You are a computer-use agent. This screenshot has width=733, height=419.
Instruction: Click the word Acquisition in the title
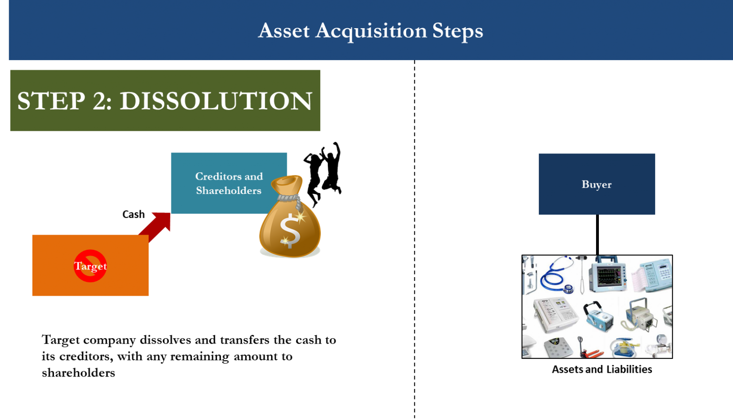pos(371,31)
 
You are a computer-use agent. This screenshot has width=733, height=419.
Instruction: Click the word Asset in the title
pos(284,31)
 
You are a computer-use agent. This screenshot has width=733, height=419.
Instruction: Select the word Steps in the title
pos(458,32)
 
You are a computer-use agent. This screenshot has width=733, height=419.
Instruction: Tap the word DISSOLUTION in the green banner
pos(216,101)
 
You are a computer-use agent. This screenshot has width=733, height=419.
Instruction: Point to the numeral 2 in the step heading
pos(102,101)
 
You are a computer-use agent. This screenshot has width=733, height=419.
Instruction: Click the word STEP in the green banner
pos(51,101)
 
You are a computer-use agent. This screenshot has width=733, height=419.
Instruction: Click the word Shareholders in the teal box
pos(229,191)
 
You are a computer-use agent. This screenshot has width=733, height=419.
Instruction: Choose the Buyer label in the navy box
pos(597,184)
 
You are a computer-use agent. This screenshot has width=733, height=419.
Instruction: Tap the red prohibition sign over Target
pos(90,266)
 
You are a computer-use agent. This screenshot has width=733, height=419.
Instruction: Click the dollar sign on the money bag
pos(290,231)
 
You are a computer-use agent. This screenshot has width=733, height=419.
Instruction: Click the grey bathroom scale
pos(558,347)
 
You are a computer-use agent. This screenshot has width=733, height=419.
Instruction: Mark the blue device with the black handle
pos(598,316)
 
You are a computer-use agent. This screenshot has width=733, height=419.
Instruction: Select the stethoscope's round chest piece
pos(568,289)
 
